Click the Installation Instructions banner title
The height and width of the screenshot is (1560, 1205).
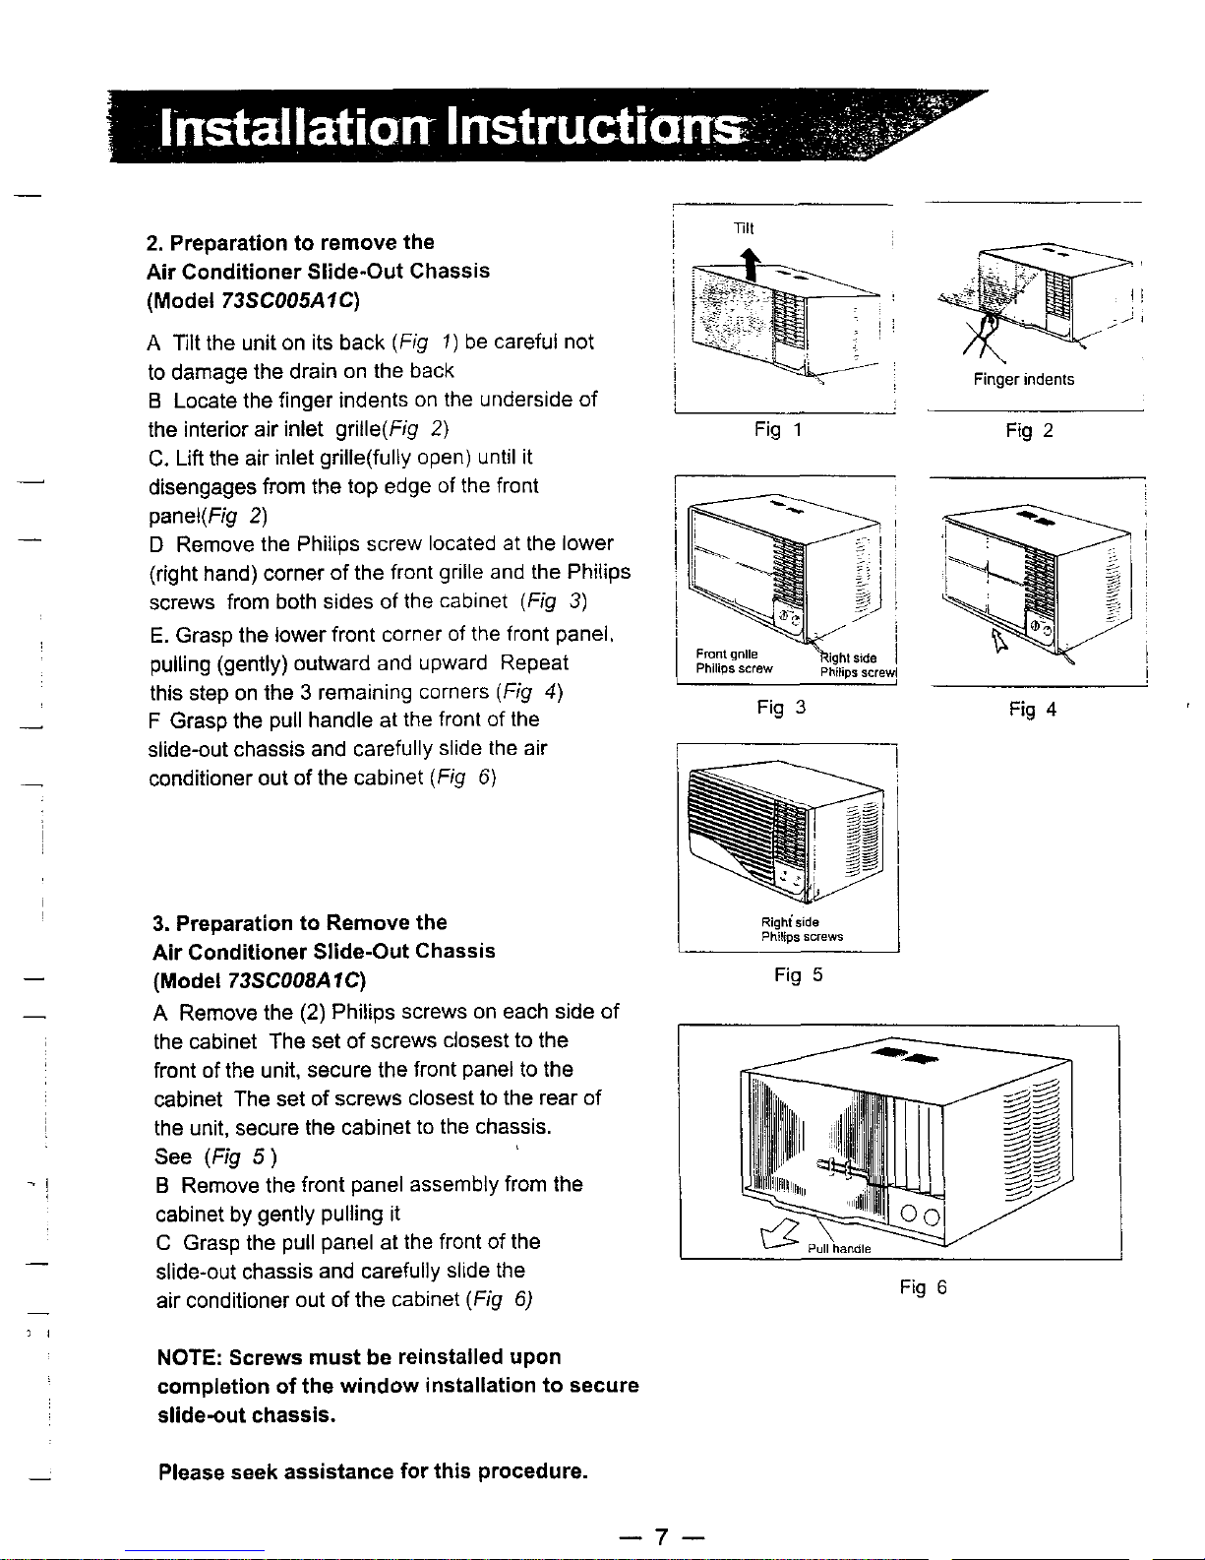coord(451,127)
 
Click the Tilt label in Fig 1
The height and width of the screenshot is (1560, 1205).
coord(744,228)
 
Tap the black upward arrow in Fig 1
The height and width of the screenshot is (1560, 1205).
coord(751,264)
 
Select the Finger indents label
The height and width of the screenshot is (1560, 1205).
coord(1024,380)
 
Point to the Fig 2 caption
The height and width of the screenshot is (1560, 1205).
coord(1029,431)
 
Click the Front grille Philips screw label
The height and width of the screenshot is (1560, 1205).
coord(734,661)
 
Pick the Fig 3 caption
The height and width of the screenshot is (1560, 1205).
coord(781,708)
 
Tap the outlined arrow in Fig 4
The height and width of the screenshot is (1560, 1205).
coord(998,639)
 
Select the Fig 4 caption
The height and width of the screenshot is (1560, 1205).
coord(1032,710)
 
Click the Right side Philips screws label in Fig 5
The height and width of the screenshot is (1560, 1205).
coord(802,929)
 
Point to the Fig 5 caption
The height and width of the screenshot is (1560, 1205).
coord(799,975)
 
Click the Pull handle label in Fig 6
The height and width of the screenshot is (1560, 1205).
coord(839,1248)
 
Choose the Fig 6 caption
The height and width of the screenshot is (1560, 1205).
coord(923,1287)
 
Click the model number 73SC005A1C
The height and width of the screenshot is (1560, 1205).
coord(287,300)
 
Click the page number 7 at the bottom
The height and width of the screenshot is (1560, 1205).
coord(661,1536)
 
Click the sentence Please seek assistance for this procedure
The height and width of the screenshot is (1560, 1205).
coord(373,1471)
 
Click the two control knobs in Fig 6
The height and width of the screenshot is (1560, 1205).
coord(920,1216)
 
